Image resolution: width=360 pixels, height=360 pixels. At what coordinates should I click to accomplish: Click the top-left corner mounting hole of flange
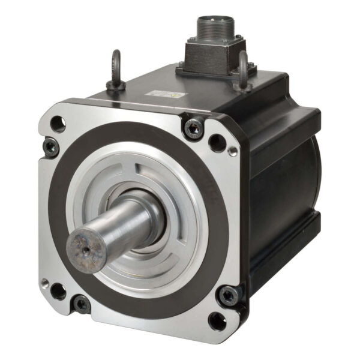tap(58, 124)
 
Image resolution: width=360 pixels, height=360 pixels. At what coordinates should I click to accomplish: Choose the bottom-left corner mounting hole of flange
tap(58, 292)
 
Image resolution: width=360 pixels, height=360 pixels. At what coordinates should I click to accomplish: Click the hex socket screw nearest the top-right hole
tap(193, 127)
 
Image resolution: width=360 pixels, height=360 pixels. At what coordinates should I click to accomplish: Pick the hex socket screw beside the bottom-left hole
tap(80, 304)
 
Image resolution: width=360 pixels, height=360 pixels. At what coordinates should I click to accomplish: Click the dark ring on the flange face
tap(198, 180)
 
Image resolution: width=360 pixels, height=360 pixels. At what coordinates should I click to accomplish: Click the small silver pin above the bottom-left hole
tap(44, 281)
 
